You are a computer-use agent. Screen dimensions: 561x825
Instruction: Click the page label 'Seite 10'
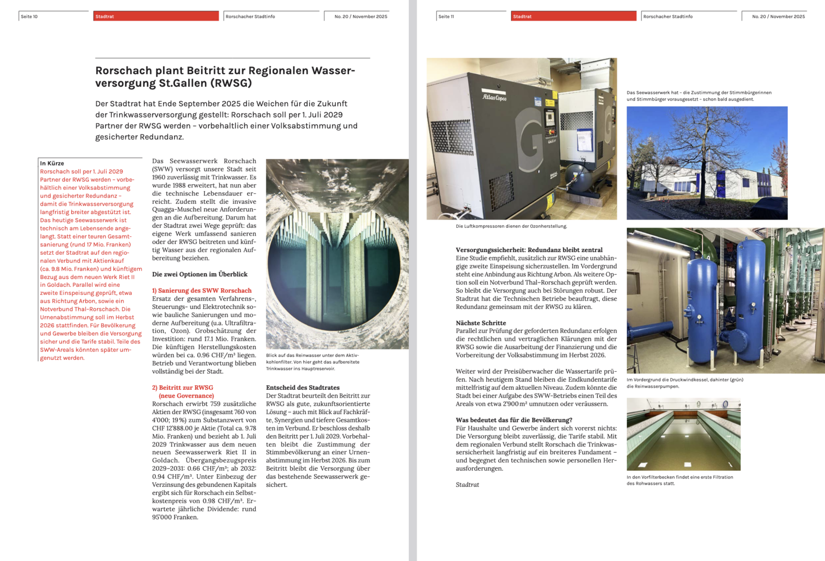(29, 16)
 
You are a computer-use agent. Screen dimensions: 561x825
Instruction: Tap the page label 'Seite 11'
(447, 16)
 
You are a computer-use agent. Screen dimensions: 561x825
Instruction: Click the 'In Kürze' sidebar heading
(52, 163)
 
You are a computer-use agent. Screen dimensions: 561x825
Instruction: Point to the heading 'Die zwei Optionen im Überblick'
(200, 274)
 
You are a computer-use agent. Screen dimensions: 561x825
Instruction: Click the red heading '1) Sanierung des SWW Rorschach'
(202, 291)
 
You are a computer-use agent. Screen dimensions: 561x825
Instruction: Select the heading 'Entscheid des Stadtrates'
(303, 388)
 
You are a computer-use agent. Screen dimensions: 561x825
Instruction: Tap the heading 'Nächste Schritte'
(481, 323)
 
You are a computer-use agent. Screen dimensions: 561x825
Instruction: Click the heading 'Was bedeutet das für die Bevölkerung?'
(514, 420)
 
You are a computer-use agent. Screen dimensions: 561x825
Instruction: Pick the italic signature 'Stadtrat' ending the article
(467, 485)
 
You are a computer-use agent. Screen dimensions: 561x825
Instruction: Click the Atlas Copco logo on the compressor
(494, 97)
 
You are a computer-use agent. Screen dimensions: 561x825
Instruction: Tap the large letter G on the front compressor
(528, 139)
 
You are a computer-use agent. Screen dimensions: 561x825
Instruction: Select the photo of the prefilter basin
(683, 434)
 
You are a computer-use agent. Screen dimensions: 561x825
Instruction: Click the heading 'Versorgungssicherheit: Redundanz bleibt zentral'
(529, 250)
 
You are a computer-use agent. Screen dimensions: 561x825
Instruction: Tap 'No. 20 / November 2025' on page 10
(360, 16)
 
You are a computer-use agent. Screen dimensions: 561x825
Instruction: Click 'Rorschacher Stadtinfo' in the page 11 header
(668, 16)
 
